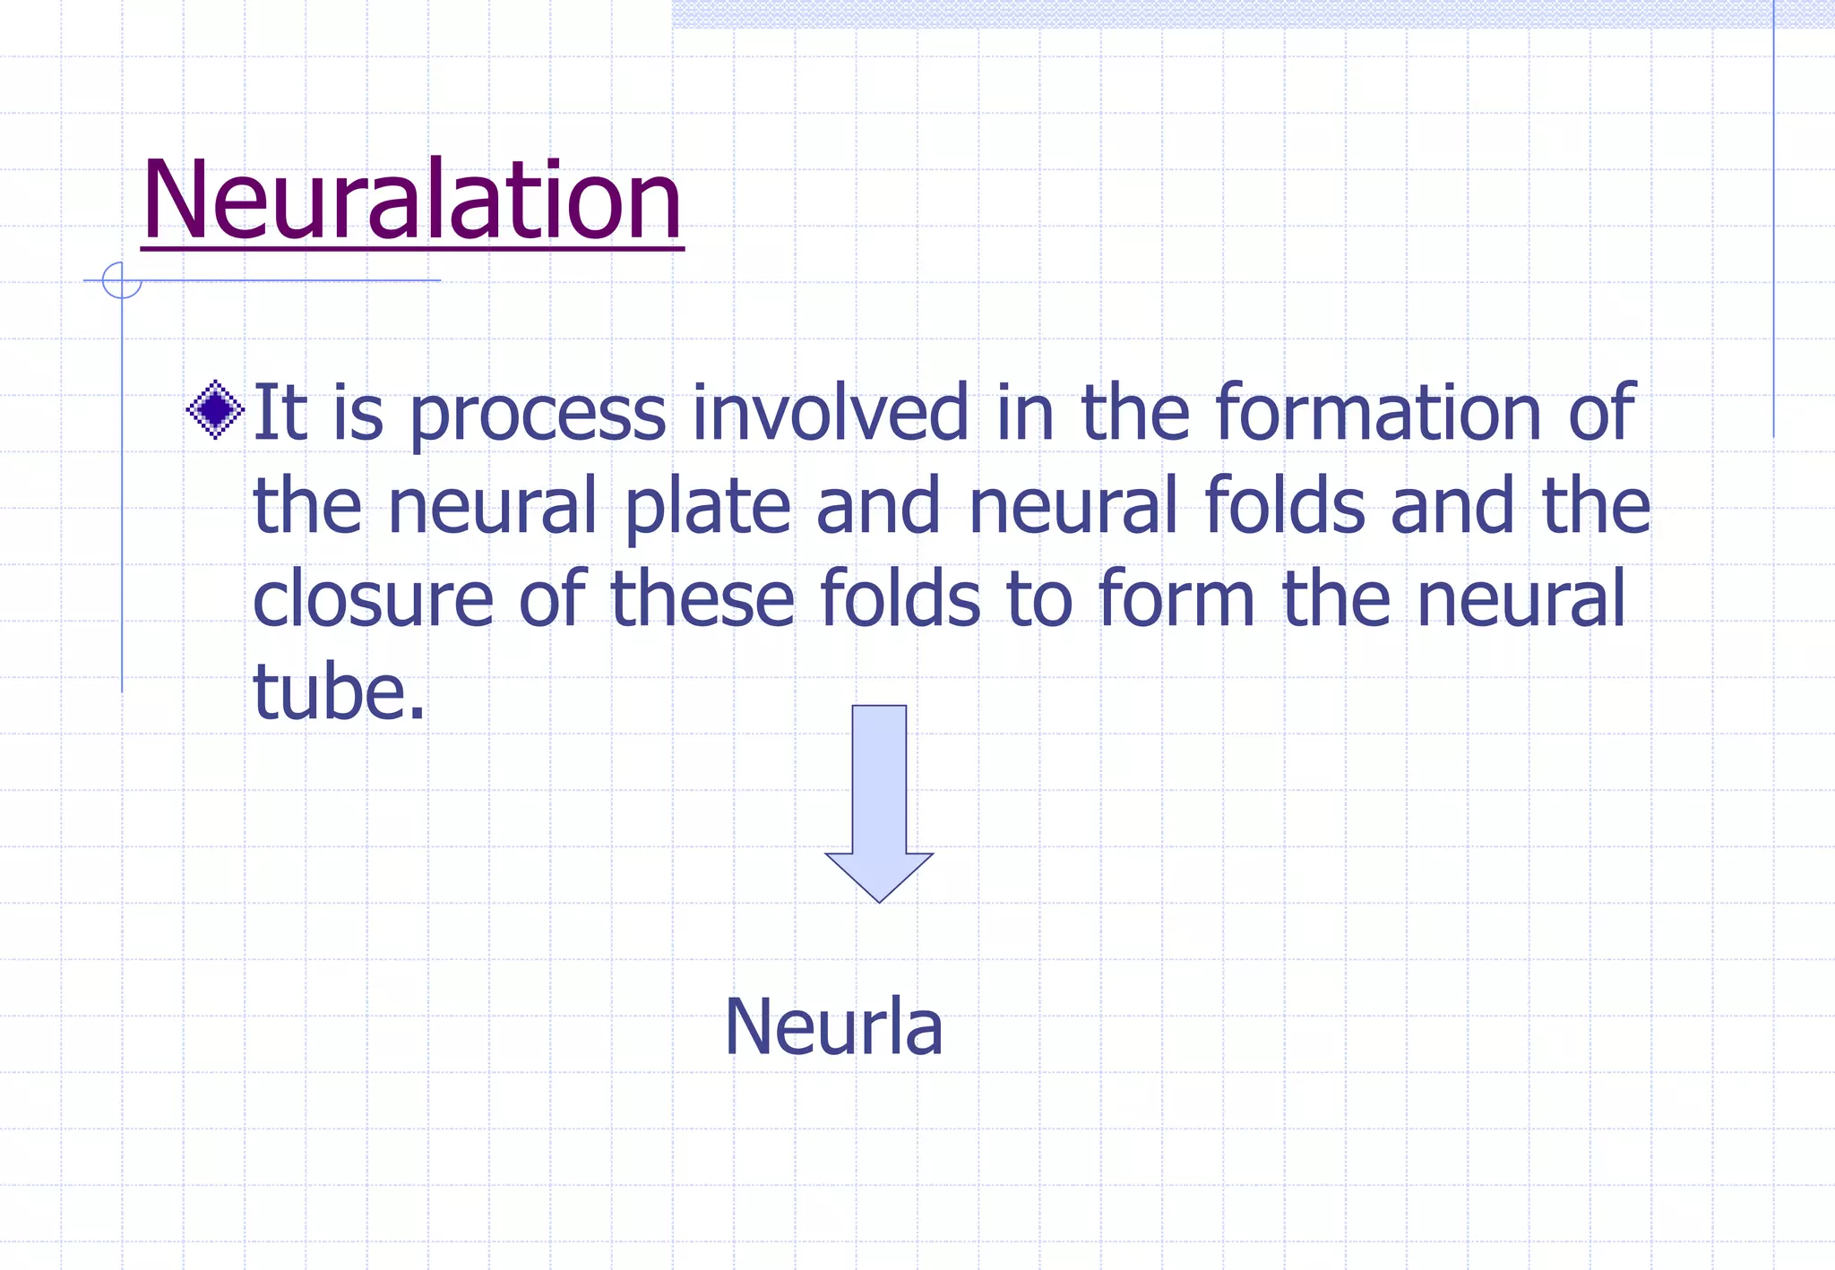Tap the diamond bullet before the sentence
[x=215, y=410]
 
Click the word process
[x=538, y=414]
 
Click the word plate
[x=707, y=507]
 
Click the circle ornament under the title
[x=122, y=280]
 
